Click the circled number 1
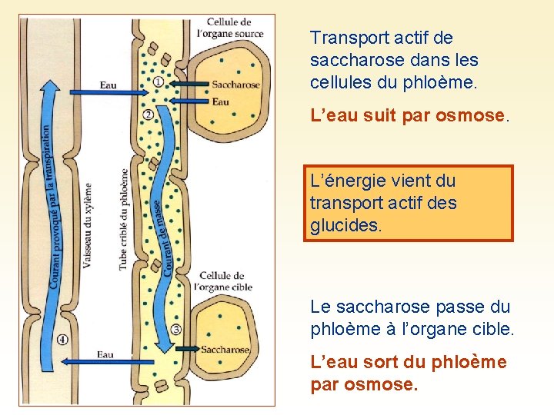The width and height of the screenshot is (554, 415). (158, 81)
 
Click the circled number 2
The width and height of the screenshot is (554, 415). (148, 115)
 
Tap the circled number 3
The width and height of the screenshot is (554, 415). (176, 330)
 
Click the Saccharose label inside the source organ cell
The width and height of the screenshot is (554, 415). (235, 85)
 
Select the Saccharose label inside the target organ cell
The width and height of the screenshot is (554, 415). (225, 350)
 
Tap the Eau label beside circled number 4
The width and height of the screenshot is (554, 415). (105, 354)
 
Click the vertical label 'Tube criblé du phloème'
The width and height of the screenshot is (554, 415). (123, 219)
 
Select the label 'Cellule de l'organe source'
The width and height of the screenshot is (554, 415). (230, 28)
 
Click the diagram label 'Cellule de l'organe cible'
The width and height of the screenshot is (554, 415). (225, 281)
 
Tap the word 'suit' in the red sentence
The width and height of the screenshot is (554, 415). (371, 116)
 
